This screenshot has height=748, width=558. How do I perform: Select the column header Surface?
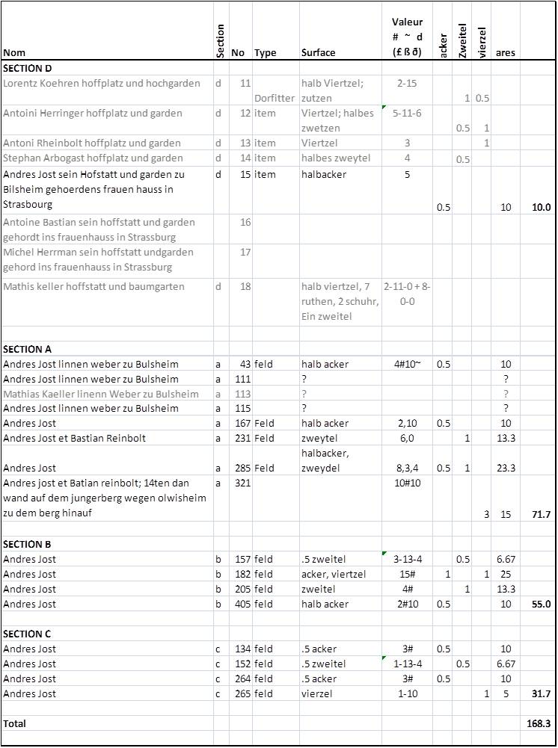(x=318, y=53)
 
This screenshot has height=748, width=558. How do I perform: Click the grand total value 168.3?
(x=537, y=723)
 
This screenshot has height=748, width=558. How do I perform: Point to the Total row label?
(x=14, y=723)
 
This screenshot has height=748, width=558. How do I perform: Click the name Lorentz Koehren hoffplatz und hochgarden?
(x=102, y=83)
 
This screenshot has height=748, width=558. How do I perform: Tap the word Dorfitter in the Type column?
(x=275, y=98)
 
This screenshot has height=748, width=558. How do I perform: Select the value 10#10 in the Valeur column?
(x=407, y=483)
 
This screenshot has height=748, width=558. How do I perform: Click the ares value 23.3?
(x=506, y=468)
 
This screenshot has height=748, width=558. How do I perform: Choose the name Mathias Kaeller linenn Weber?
(x=101, y=394)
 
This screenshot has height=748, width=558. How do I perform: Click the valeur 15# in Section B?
(x=407, y=574)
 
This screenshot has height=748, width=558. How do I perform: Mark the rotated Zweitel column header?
(x=463, y=40)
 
